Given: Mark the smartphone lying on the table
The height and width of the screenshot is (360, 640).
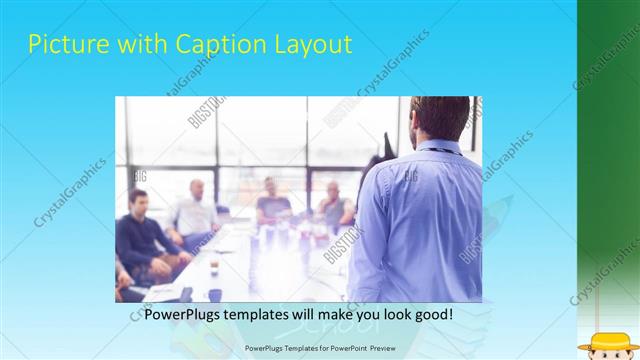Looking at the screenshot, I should coord(186,292).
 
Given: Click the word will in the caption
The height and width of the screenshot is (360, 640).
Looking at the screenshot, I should coord(320,314).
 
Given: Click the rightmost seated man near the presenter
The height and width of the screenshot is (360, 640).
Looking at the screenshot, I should coord(334,205).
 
